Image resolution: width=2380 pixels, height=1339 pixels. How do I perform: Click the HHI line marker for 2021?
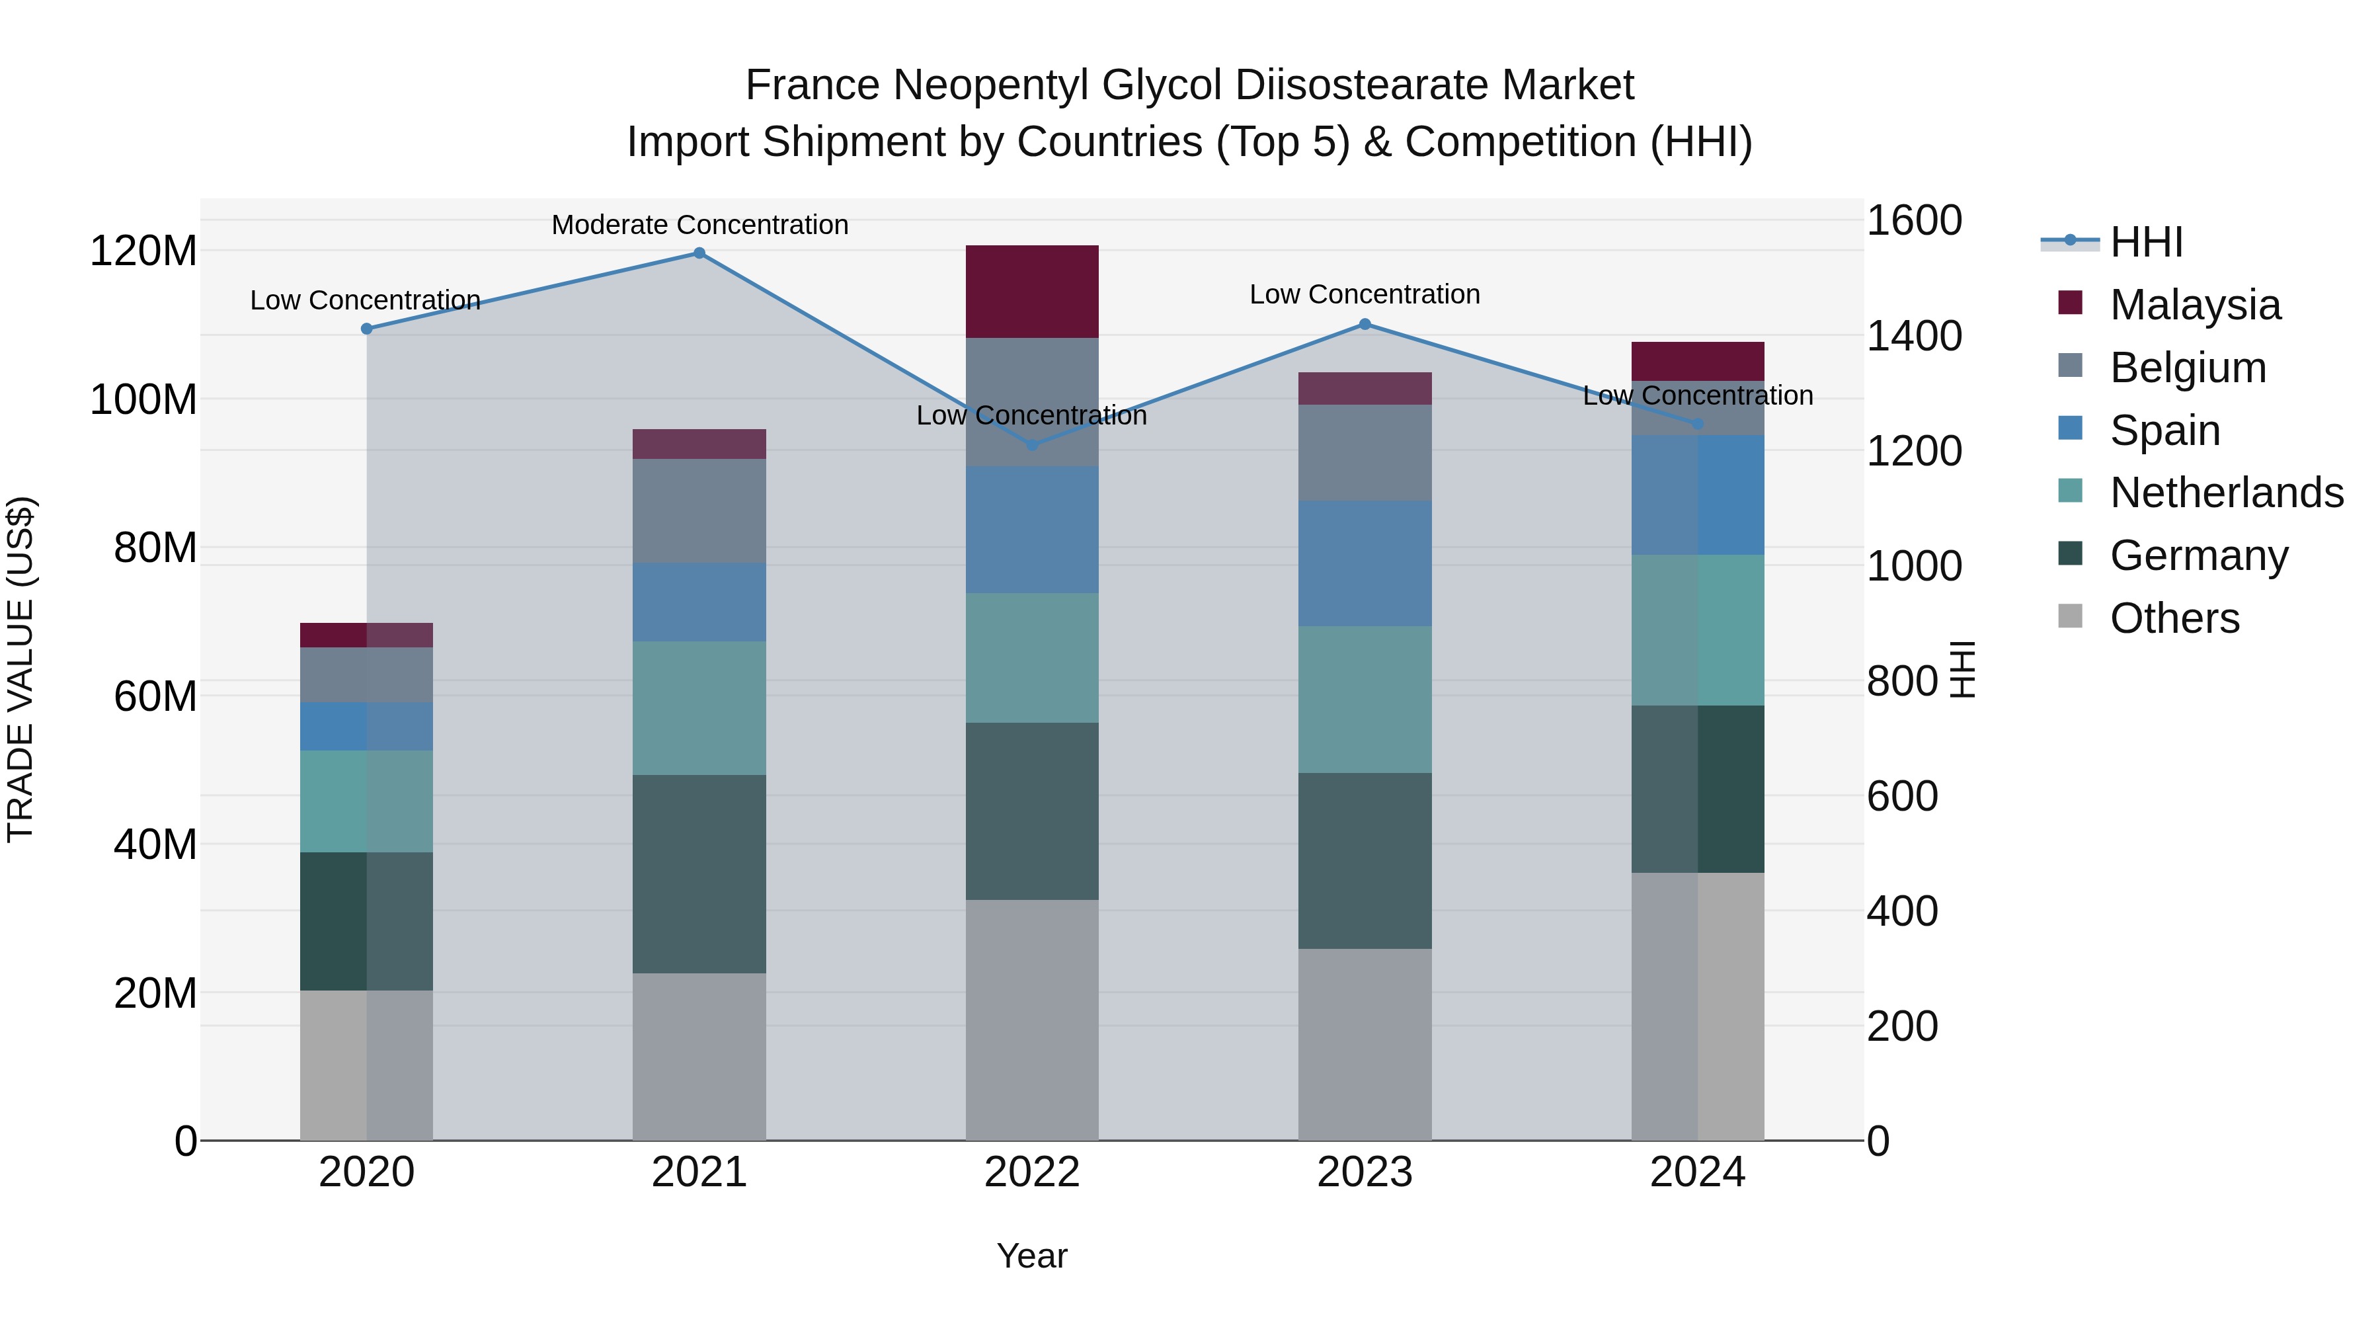[x=699, y=253]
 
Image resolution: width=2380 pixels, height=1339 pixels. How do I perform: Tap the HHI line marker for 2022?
[x=1032, y=444]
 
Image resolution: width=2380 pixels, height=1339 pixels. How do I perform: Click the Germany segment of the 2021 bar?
[x=699, y=873]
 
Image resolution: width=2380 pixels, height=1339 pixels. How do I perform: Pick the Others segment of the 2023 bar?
[x=1365, y=1044]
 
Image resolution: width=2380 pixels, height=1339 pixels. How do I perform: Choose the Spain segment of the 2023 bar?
[x=1365, y=563]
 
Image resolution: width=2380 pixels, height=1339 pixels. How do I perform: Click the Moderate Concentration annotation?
[x=699, y=225]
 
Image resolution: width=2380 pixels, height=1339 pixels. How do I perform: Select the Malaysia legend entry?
[x=2194, y=305]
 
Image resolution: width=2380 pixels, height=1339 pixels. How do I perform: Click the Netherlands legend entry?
[x=2226, y=493]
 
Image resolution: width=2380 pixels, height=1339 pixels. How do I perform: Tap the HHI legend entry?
[x=2145, y=242]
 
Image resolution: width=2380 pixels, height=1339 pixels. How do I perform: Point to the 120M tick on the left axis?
[x=143, y=251]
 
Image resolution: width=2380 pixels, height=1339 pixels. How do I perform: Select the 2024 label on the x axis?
[x=1697, y=1172]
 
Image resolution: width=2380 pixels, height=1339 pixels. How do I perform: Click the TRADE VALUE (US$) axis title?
[x=20, y=669]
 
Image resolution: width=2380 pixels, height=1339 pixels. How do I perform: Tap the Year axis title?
[x=1032, y=1256]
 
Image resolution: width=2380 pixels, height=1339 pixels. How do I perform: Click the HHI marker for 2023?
[x=1365, y=325]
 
